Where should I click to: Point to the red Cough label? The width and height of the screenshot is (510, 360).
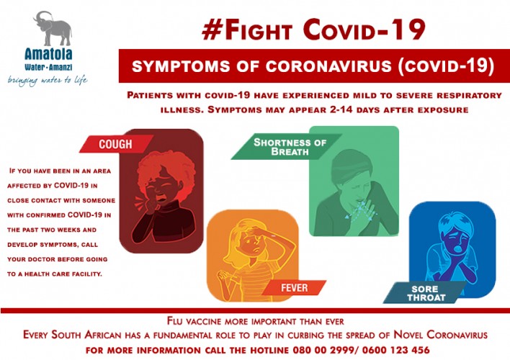click(x=115, y=144)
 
